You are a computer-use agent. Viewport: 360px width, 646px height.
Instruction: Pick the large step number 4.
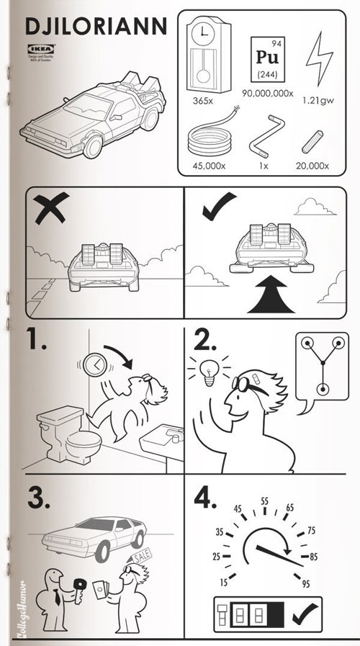pyautogui.click(x=205, y=499)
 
